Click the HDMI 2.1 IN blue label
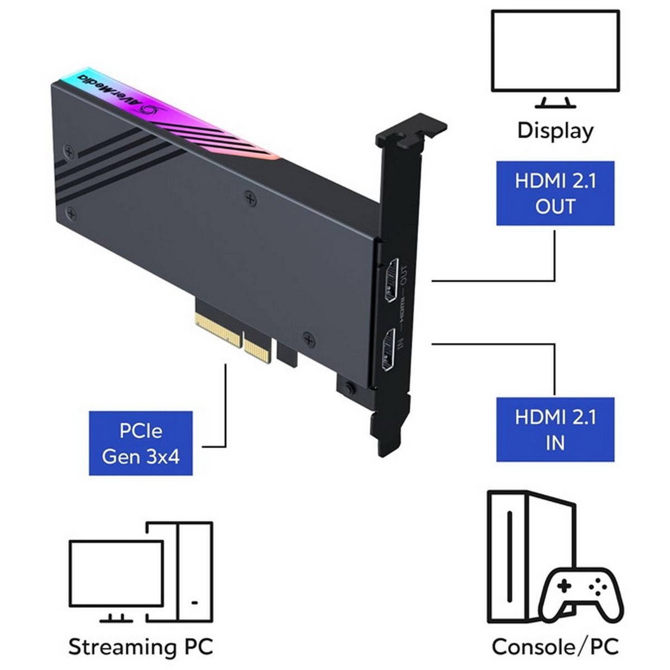click(555, 430)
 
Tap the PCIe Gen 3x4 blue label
click(141, 443)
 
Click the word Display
click(555, 131)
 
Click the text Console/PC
click(555, 647)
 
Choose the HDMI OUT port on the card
click(392, 281)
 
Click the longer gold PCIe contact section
click(218, 329)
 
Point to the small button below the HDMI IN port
click(350, 387)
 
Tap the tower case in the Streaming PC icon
click(189, 572)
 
